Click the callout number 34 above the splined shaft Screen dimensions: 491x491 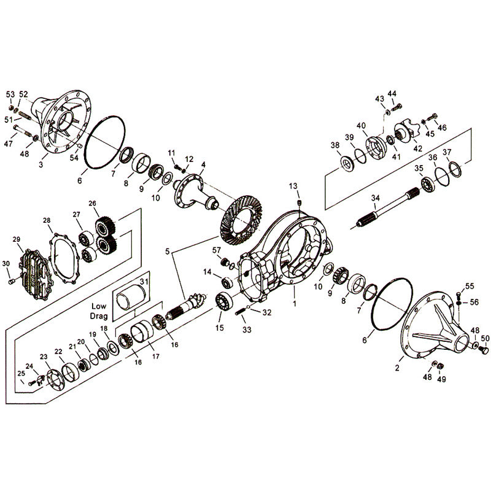(376, 198)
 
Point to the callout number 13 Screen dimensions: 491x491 (293, 186)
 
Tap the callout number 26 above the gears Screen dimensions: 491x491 (93, 204)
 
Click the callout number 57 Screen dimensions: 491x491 (216, 250)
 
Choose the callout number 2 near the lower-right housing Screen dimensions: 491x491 (397, 368)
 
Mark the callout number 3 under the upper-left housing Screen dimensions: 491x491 (41, 165)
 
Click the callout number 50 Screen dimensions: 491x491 (485, 339)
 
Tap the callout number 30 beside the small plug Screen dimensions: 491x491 (7, 264)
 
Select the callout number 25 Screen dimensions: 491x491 (21, 374)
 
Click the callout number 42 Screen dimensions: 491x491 (417, 148)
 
